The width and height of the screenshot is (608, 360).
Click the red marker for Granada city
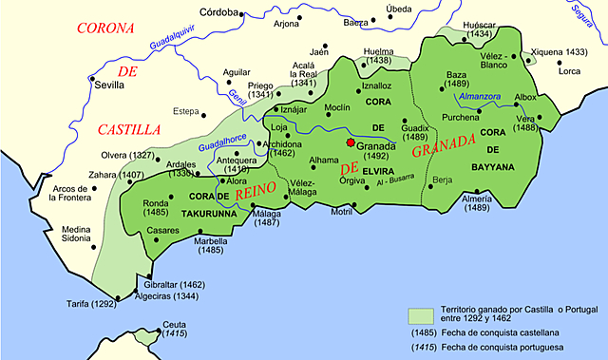[350, 144]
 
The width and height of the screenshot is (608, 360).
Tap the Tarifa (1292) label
[84, 304]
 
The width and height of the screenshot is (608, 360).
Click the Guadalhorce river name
[222, 143]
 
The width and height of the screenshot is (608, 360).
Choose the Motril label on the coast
[341, 211]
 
